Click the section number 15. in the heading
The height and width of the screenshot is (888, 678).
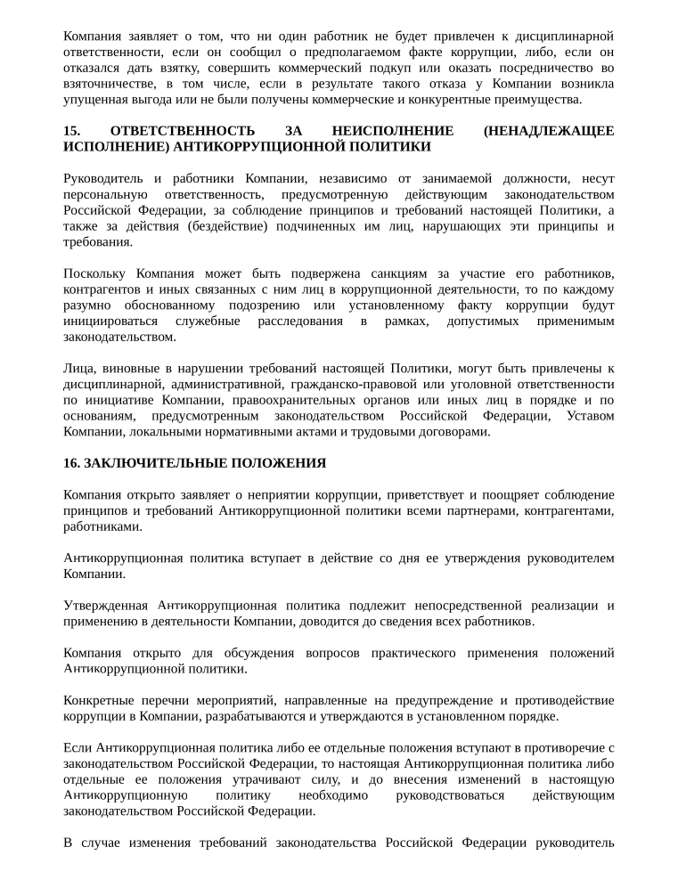pos(72,131)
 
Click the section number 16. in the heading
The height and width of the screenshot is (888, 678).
pos(72,463)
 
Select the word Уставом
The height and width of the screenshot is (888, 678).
pos(590,416)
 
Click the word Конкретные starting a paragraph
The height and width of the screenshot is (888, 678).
pos(97,700)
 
